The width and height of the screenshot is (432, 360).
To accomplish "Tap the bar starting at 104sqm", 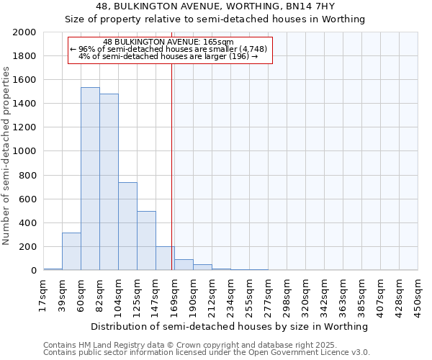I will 127,226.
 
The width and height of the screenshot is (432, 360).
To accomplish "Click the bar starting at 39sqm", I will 71,251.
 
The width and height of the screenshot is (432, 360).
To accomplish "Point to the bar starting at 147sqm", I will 165,258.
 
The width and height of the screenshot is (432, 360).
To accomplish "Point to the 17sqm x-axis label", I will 44,295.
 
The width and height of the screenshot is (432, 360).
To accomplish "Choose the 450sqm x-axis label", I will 418,295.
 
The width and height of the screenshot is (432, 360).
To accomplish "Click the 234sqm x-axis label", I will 231,295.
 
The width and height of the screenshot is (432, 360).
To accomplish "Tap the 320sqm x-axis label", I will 306,295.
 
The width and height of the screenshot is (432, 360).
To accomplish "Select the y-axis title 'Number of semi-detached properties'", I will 6,155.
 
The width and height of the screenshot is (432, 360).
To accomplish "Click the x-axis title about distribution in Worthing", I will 230,326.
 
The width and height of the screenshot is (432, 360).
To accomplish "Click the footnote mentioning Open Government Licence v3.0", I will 207,353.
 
